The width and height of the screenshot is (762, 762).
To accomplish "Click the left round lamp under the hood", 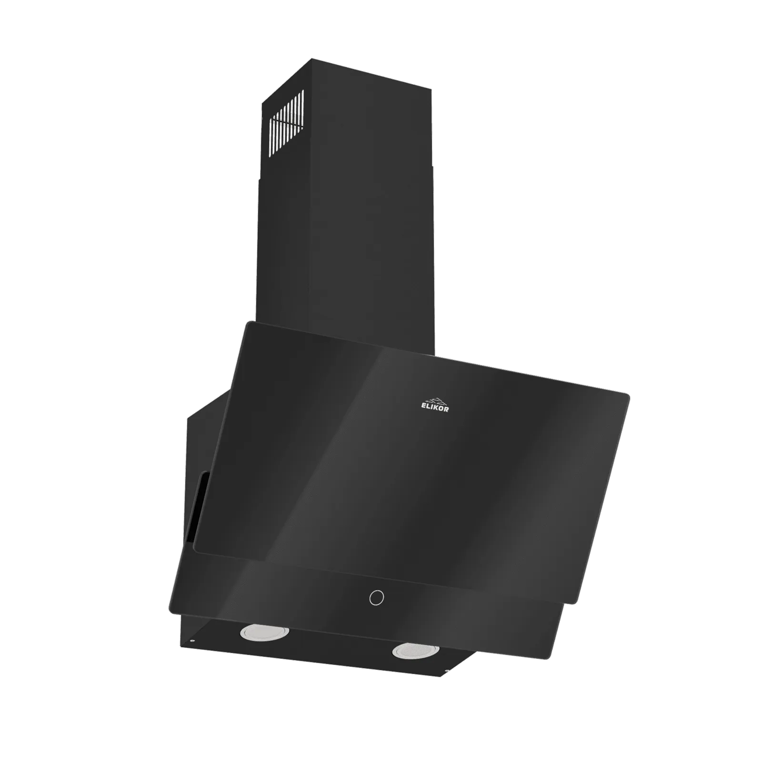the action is [264, 632].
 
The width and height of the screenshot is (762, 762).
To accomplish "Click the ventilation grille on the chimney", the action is [286, 122].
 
